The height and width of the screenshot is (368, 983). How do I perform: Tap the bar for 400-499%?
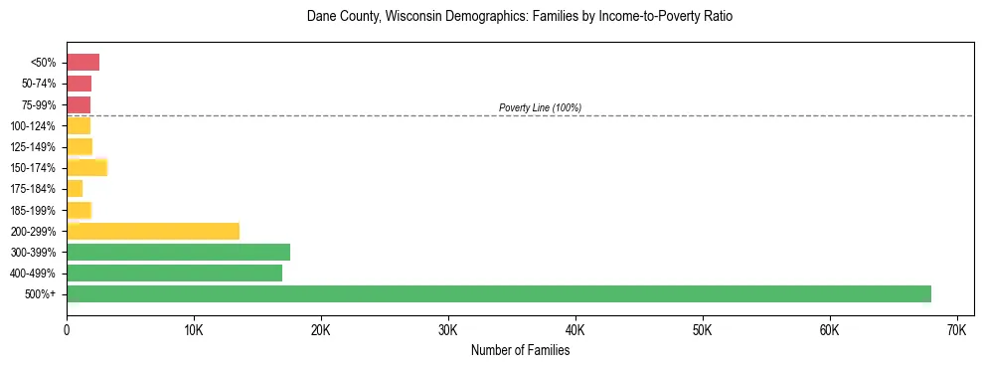tap(175, 273)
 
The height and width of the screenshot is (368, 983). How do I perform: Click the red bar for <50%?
tap(83, 63)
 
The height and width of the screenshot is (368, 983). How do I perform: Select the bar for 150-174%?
tap(87, 167)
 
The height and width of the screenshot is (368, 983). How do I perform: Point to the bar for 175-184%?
tap(75, 188)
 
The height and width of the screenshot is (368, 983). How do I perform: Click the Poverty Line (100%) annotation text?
tap(540, 107)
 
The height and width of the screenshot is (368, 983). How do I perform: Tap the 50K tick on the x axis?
tap(702, 329)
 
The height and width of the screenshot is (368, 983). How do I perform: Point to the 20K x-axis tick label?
tap(321, 329)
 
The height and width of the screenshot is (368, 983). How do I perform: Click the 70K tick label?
tap(956, 329)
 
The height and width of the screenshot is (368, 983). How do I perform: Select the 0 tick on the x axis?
tap(67, 329)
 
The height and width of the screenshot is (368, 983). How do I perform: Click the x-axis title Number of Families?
tap(520, 350)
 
